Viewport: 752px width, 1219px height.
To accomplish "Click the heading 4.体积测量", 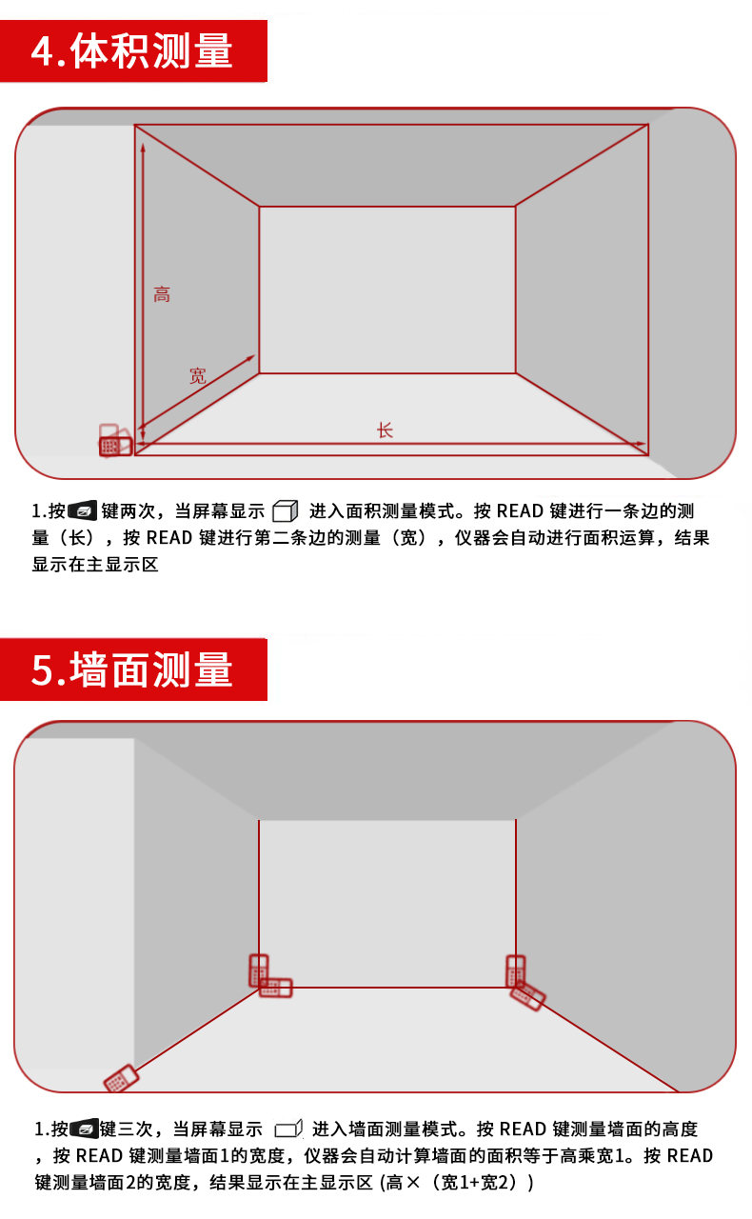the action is point(132,50).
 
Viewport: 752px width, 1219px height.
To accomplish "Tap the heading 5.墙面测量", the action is point(132,669).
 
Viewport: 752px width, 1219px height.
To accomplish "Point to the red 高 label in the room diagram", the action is point(162,294).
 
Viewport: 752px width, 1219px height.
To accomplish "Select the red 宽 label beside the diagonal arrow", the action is point(198,375).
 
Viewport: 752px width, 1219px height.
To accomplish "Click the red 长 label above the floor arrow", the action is point(385,430).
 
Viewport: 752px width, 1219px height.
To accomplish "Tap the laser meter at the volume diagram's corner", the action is point(115,441).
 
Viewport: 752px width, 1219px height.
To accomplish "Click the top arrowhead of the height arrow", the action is point(143,147).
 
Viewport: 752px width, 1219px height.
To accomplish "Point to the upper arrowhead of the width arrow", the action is point(251,357).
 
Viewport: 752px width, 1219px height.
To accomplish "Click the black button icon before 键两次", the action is point(83,510).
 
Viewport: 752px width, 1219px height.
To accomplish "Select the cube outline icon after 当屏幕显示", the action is point(286,510).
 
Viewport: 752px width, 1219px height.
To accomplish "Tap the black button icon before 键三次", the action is point(85,1129).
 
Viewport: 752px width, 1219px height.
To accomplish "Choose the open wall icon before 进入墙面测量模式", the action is point(288,1129).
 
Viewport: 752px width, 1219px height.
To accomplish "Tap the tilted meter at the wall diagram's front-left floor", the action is point(121,1078).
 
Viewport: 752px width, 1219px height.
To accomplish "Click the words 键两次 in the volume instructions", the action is point(128,511).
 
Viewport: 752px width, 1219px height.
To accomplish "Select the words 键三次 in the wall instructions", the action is point(127,1129).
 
